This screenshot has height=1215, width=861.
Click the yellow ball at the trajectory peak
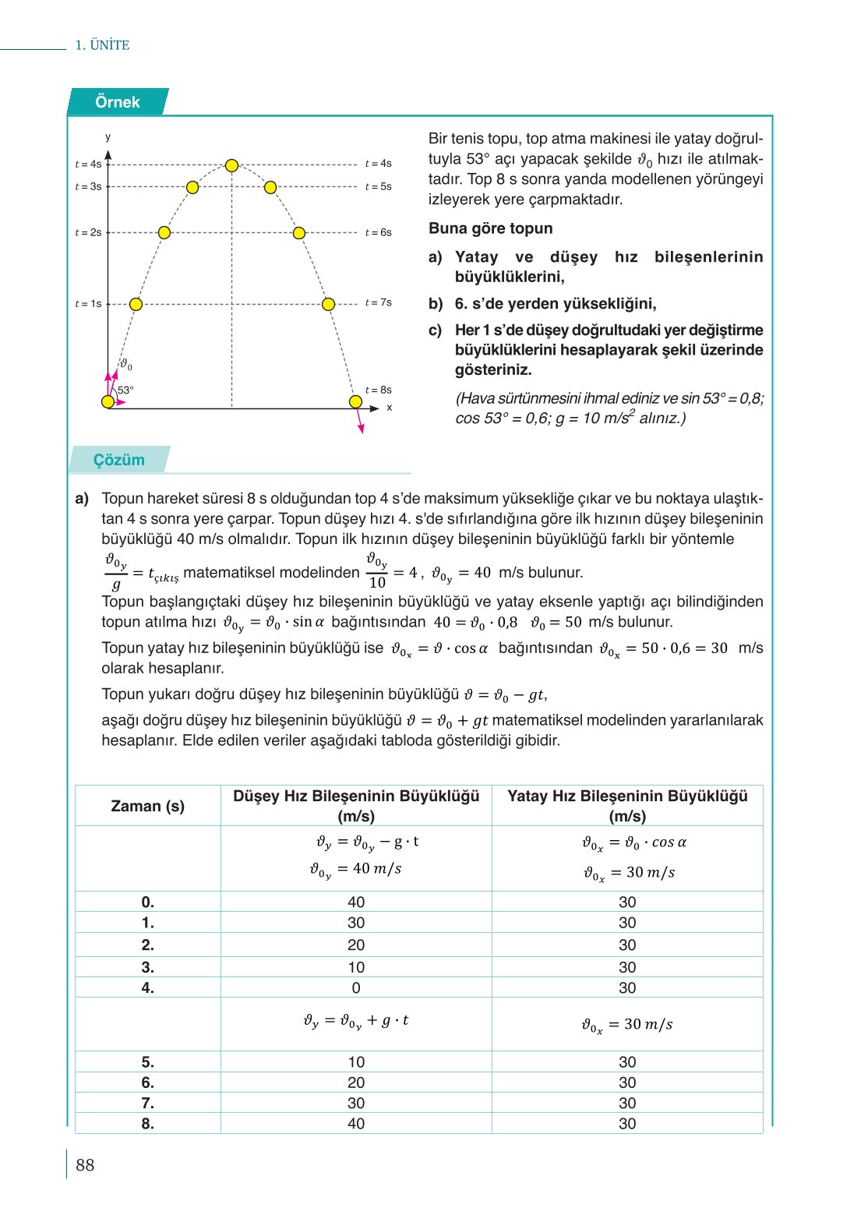231,165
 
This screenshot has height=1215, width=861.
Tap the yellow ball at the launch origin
108,402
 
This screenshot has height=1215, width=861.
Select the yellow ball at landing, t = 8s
355,402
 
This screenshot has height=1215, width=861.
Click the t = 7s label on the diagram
379,302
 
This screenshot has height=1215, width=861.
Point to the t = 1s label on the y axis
88,304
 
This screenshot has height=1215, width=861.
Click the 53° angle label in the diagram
125,390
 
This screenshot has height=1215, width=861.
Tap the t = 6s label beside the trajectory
379,232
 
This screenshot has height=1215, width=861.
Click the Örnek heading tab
118,102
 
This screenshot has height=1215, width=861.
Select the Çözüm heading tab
119,460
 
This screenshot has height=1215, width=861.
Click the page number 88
85,1165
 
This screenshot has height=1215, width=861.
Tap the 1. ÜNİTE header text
102,45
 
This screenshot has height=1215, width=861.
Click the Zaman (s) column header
148,806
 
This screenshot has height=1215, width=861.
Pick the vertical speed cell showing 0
356,987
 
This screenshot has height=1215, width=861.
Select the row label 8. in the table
148,1123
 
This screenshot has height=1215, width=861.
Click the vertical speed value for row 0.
356,902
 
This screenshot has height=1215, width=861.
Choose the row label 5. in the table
148,1061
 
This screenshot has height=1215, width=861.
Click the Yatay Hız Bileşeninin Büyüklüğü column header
627,806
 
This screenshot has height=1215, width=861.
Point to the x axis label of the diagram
390,408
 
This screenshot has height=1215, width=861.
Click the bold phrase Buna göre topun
490,228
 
